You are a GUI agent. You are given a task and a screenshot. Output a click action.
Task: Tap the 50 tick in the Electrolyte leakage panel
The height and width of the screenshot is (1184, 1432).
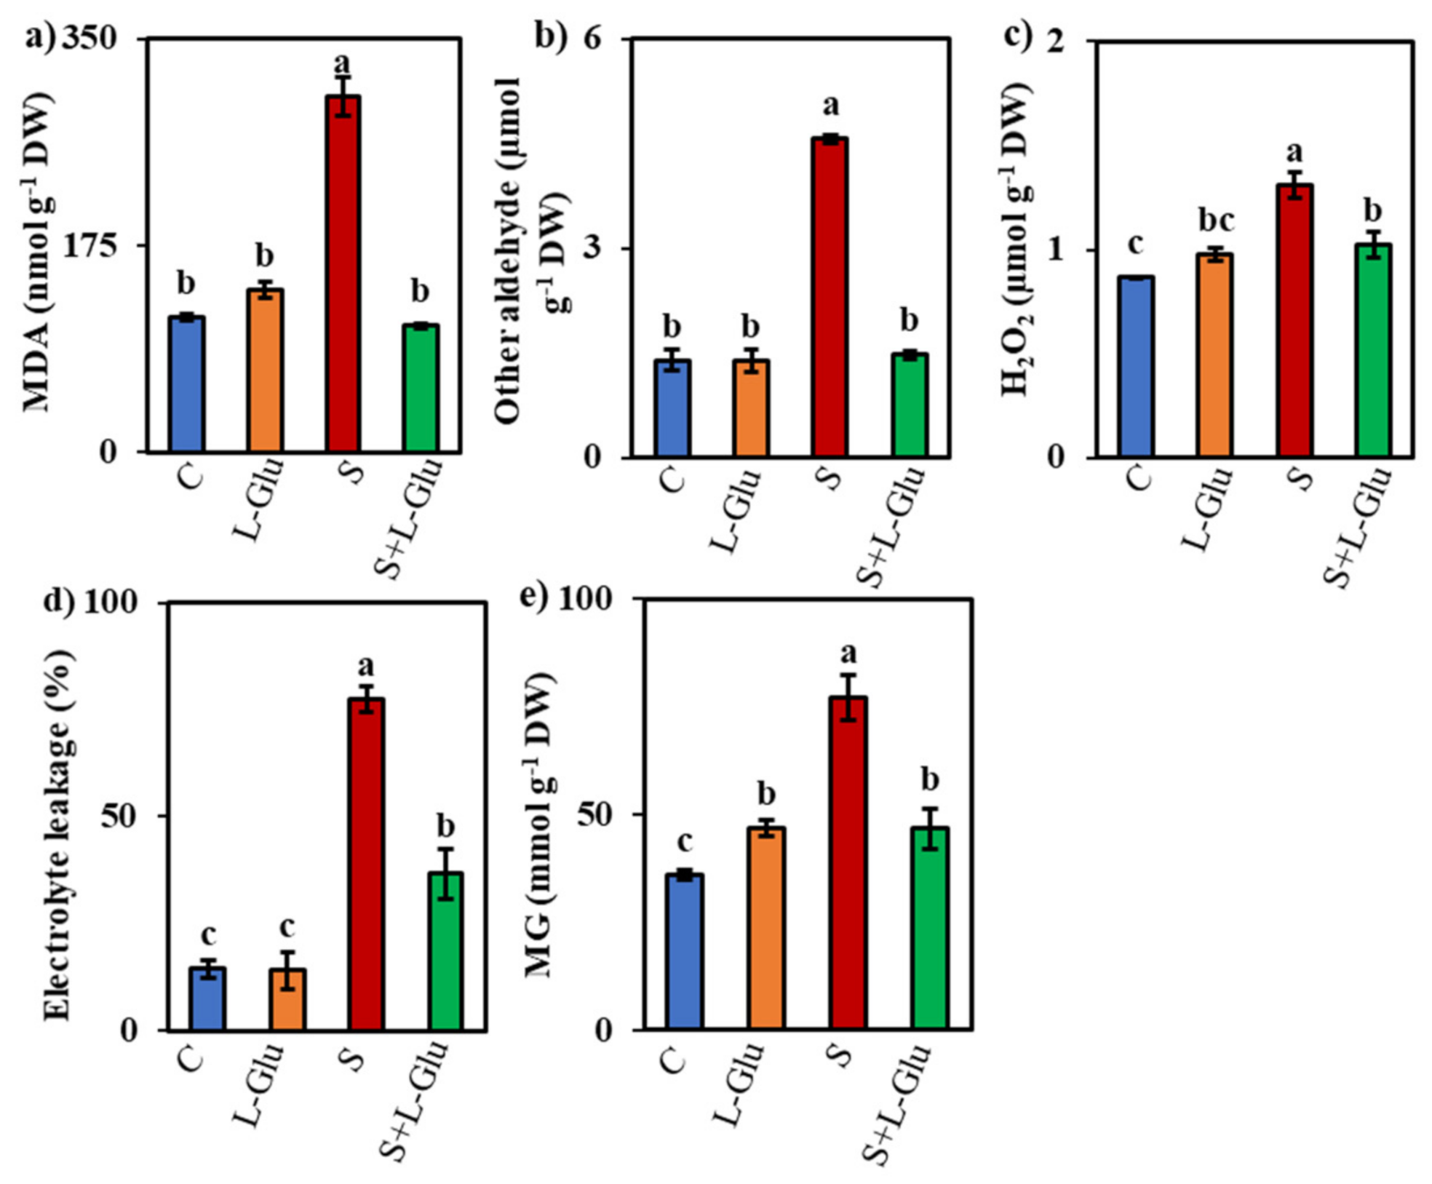pyautogui.click(x=119, y=816)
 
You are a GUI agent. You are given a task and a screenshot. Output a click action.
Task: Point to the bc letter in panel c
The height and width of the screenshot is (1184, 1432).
pyautogui.click(x=1216, y=220)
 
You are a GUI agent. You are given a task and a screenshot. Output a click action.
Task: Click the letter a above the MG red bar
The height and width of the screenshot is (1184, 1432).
pyautogui.click(x=848, y=653)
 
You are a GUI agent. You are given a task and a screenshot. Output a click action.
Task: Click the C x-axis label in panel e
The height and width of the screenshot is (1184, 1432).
pyautogui.click(x=674, y=1060)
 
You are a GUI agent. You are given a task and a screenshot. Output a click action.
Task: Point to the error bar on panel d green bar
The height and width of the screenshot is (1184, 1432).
pyautogui.click(x=445, y=874)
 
